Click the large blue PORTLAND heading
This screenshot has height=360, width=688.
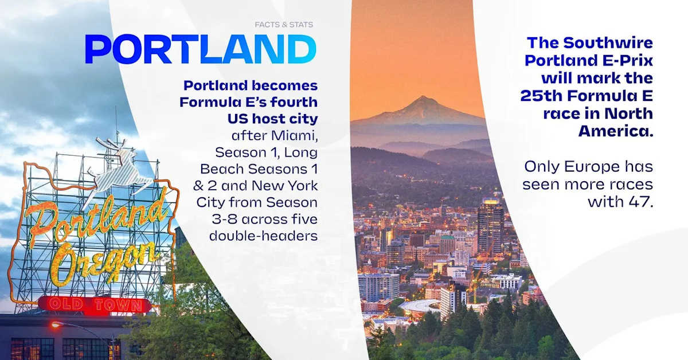click(x=201, y=49)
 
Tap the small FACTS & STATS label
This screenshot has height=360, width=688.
click(x=284, y=25)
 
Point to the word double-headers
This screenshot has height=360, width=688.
click(x=263, y=236)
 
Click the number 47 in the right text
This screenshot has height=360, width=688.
click(x=640, y=202)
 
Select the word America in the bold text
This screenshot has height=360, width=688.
click(x=616, y=131)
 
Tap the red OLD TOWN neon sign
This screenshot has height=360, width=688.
click(x=95, y=305)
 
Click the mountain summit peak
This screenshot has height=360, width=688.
click(x=423, y=97)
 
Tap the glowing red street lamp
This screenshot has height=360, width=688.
click(x=55, y=324)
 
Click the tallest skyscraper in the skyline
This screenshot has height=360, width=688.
click(x=490, y=228)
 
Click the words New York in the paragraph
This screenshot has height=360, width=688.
click(x=284, y=186)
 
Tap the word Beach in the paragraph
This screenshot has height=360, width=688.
click(x=222, y=169)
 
